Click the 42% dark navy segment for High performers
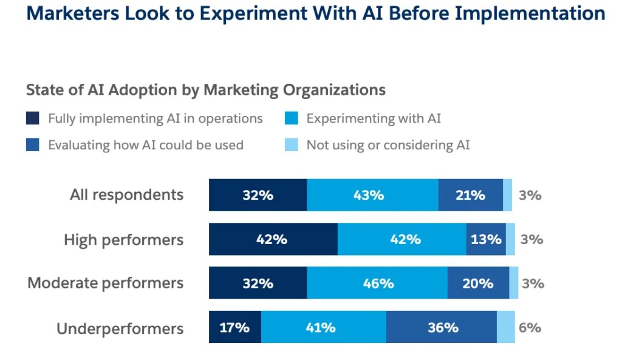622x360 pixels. click(x=273, y=239)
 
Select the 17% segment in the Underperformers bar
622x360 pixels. click(x=235, y=327)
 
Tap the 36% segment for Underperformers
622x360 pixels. click(x=442, y=327)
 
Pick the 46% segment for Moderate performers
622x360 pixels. click(x=377, y=283)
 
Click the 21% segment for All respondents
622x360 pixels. click(x=471, y=195)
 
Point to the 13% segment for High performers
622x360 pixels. click(x=486, y=239)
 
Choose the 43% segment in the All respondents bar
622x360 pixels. click(x=372, y=195)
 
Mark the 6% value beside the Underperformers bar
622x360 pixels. click(x=530, y=327)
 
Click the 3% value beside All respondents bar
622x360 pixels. click(x=530, y=195)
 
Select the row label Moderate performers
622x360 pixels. click(x=105, y=283)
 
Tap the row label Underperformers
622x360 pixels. click(x=120, y=328)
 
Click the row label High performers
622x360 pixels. click(x=123, y=240)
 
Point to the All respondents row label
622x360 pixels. click(x=126, y=195)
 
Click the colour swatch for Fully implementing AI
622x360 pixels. click(x=33, y=118)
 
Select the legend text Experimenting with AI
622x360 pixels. click(x=374, y=118)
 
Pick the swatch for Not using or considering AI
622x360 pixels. click(x=292, y=145)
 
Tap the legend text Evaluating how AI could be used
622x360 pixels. click(x=146, y=145)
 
